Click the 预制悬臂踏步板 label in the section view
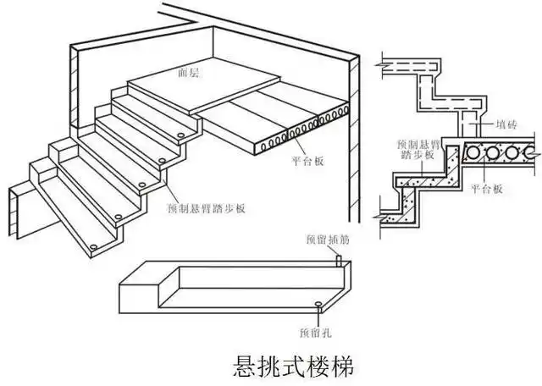[x=418, y=149]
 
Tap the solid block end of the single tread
[x=136, y=292]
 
